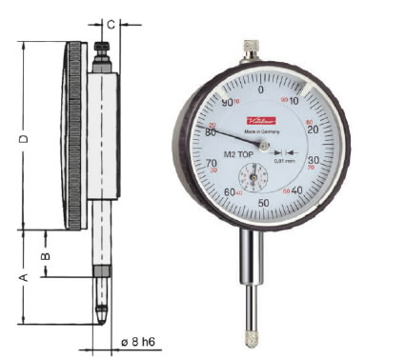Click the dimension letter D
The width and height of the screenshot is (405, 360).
coord(23,139)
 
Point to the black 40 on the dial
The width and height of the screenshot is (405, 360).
coord(296,190)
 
